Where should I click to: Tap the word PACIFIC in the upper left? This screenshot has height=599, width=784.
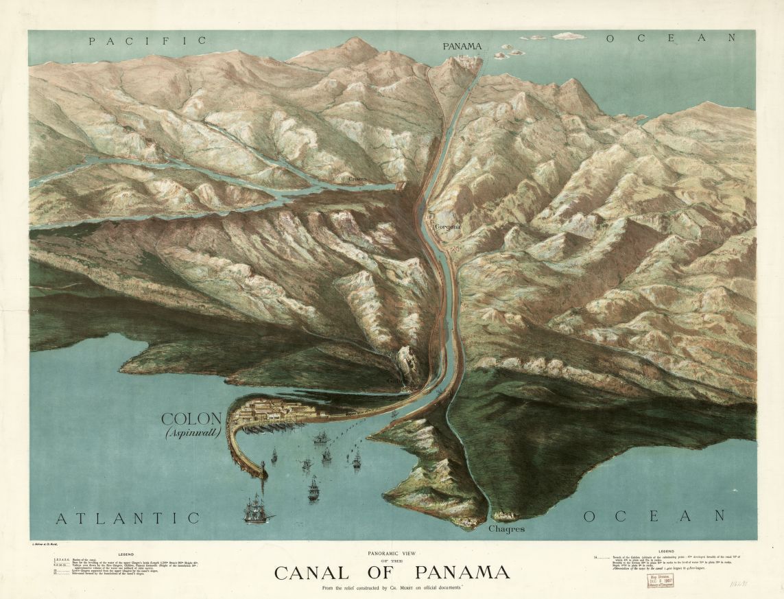pos(147,41)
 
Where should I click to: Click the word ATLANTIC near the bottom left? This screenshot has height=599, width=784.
pos(127,518)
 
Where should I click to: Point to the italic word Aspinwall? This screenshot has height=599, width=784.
pos(192,432)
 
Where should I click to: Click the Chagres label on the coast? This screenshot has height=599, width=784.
pos(507,529)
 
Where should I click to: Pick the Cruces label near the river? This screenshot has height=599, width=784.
pos(357,179)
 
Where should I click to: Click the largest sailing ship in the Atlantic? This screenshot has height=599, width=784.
pos(257,510)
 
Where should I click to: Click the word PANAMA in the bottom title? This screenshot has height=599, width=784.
pos(461,572)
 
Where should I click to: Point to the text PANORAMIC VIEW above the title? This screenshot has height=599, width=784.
pos(392,554)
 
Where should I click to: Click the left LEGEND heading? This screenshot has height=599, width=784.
pos(126,553)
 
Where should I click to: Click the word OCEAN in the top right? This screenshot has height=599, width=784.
pos(672,38)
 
